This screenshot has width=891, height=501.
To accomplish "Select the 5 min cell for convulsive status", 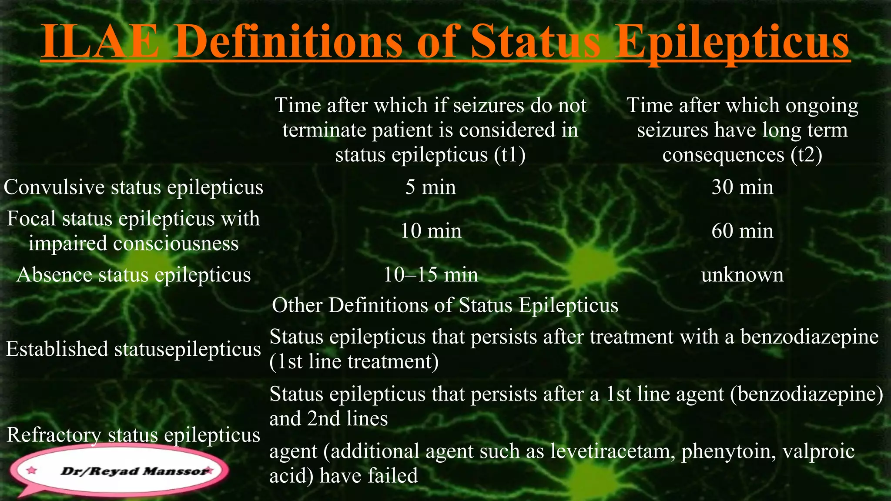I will point(431,187).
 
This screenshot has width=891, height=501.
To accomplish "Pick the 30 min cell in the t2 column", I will point(742,187).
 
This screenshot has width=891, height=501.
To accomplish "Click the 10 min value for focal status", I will point(431,231).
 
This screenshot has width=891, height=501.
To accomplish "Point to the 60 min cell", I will point(742,231).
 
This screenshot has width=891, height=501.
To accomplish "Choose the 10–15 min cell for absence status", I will point(431,275).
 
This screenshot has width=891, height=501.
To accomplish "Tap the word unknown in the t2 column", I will point(742,275).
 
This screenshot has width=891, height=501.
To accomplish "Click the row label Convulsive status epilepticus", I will point(134,187).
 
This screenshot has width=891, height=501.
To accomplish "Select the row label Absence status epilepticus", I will point(134,275).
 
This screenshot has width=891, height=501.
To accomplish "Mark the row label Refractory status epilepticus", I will point(134,435).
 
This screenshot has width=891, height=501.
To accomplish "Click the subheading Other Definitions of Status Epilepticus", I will point(445,305).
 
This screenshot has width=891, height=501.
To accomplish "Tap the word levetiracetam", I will point(613,451).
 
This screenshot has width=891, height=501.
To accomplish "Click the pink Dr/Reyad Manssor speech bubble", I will point(120,471).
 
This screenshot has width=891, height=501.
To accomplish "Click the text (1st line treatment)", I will point(354,362).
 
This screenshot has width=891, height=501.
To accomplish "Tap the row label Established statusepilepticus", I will point(134,349).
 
